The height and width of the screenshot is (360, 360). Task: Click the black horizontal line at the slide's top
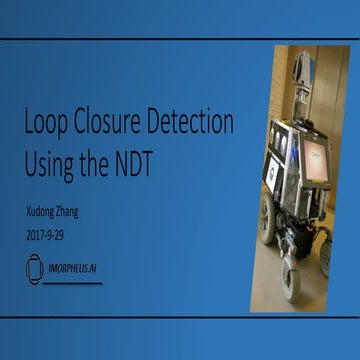click(180, 39)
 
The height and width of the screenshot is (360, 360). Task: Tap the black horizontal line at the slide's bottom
click(180, 317)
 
